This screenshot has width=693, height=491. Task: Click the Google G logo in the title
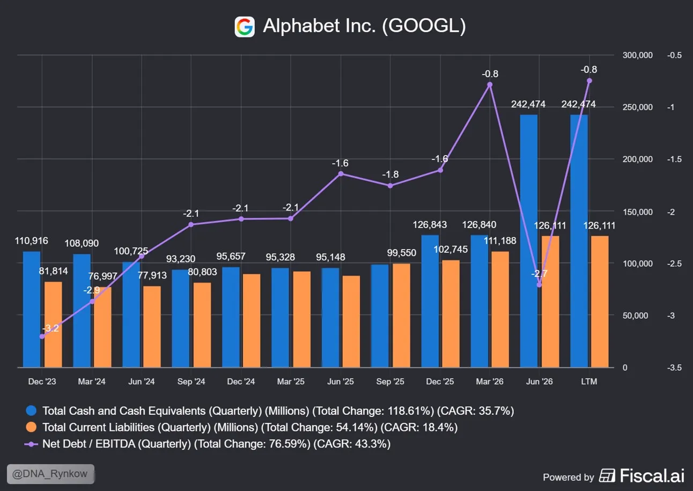(x=245, y=27)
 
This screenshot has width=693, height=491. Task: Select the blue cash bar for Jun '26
(x=529, y=241)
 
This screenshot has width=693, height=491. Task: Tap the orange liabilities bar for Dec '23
(x=53, y=325)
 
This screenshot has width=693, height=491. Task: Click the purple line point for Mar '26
(x=490, y=85)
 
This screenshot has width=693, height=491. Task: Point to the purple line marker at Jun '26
(x=539, y=284)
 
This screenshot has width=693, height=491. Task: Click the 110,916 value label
(x=32, y=241)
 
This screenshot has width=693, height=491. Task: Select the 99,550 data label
(x=402, y=253)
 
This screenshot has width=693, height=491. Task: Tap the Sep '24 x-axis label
(x=191, y=382)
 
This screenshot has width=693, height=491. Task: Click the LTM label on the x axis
(x=589, y=382)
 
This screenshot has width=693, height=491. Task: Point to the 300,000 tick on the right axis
(x=638, y=55)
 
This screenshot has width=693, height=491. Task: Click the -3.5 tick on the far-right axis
(x=674, y=368)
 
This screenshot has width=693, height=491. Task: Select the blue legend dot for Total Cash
(x=31, y=411)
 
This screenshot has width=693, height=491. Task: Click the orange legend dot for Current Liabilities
(x=31, y=427)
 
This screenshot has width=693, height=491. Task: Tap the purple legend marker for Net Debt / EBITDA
(x=31, y=444)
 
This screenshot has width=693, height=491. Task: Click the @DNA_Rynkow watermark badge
(x=51, y=474)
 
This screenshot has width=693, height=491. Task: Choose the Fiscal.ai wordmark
(x=652, y=475)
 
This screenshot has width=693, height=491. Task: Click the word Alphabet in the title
(x=301, y=25)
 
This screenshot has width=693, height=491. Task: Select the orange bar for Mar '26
(x=500, y=309)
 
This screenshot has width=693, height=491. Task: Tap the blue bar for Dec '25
(x=430, y=301)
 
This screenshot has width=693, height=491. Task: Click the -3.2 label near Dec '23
(x=50, y=328)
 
